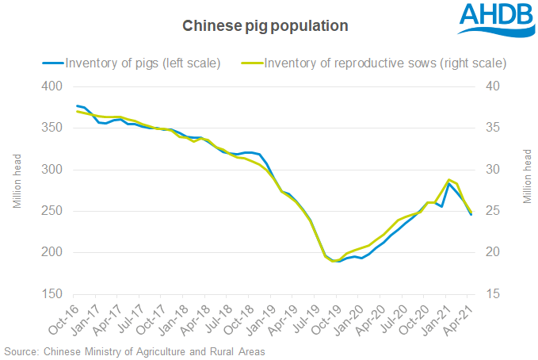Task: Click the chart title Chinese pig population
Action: click(x=265, y=26)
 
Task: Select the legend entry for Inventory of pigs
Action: click(x=143, y=63)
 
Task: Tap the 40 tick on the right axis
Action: click(x=494, y=86)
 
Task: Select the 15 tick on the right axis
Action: click(x=494, y=294)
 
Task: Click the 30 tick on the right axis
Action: click(x=494, y=170)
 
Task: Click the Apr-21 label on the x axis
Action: click(x=460, y=316)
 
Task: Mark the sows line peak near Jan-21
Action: click(x=449, y=180)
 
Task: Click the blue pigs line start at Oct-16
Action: click(x=77, y=105)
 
